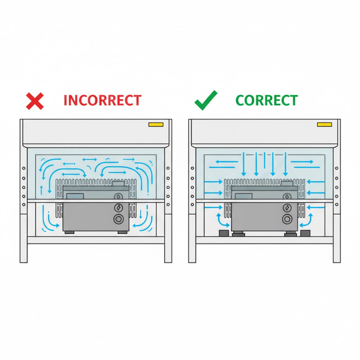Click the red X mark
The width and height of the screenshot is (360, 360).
click(x=35, y=101)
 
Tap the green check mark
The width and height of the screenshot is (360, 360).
click(x=206, y=100)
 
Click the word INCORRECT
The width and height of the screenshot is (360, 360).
click(x=103, y=100)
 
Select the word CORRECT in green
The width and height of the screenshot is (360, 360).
click(x=267, y=100)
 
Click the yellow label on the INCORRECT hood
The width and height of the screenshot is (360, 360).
click(x=156, y=125)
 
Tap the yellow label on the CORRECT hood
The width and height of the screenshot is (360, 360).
click(x=325, y=125)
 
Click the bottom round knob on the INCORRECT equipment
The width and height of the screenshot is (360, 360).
click(x=119, y=219)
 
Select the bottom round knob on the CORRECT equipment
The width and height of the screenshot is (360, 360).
click(x=287, y=219)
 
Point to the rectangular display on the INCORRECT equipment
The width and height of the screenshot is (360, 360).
click(x=75, y=196)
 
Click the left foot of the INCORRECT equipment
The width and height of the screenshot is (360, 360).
click(x=70, y=233)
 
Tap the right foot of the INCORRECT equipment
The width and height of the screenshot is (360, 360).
click(x=122, y=233)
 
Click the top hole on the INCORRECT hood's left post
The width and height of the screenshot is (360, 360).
click(x=24, y=168)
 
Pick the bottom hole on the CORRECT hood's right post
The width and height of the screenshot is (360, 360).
click(x=337, y=205)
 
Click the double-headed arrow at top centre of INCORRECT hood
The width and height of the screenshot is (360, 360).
click(x=89, y=160)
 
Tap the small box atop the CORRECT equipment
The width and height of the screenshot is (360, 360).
click(x=287, y=184)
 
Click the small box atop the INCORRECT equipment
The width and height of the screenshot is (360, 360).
click(x=118, y=184)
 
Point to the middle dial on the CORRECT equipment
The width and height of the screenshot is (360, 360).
click(x=287, y=208)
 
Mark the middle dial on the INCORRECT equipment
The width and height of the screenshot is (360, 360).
click(x=119, y=208)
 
